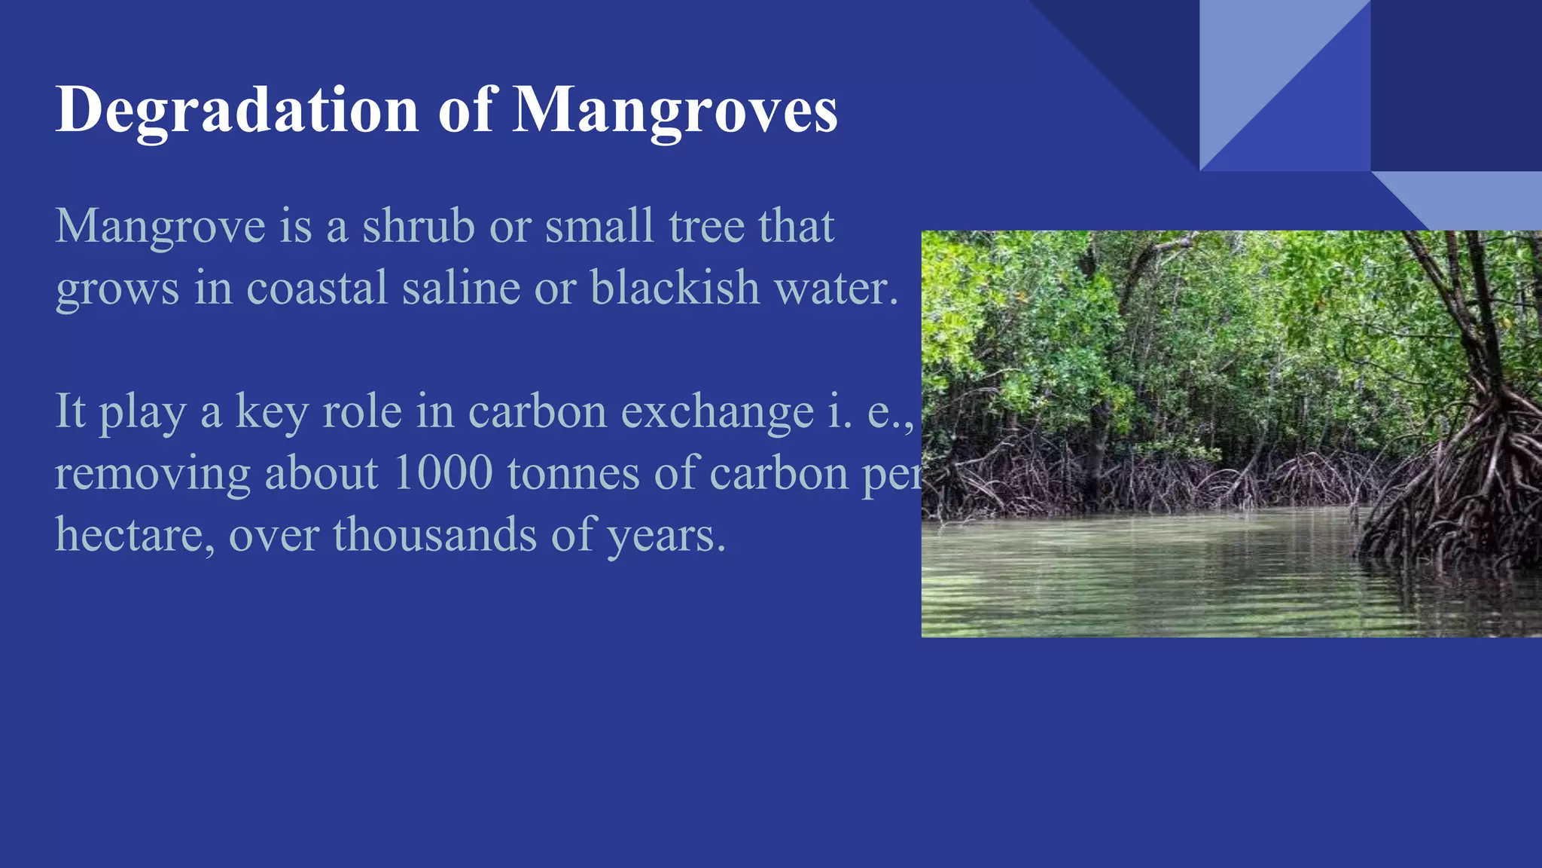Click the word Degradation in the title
point(236,111)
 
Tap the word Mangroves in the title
point(675,111)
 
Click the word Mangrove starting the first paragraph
point(160,227)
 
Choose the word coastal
point(317,288)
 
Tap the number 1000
point(443,473)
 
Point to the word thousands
point(434,535)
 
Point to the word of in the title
point(467,111)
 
